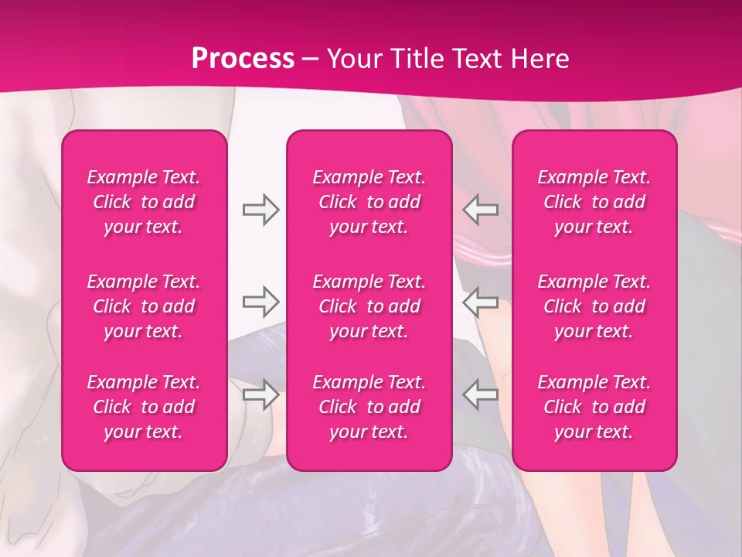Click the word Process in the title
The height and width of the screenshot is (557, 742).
[243, 59]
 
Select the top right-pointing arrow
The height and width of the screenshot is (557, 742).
[260, 210]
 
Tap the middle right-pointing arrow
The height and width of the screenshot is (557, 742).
[260, 301]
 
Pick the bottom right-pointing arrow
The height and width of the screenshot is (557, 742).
[260, 395]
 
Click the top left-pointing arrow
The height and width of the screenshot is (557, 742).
[481, 210]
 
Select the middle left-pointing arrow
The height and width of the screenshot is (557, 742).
[481, 301]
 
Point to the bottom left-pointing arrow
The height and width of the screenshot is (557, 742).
[481, 395]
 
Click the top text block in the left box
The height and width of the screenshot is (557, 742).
[144, 202]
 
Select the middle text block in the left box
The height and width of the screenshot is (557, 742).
[144, 306]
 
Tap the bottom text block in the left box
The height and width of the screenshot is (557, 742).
[144, 407]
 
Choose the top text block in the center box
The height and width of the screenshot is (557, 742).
[369, 202]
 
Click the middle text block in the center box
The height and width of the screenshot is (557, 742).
[369, 306]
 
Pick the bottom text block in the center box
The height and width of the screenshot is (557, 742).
[369, 407]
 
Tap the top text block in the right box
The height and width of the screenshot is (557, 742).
[594, 202]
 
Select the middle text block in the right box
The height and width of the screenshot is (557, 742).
[594, 306]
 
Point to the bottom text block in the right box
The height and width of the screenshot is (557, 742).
[594, 407]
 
